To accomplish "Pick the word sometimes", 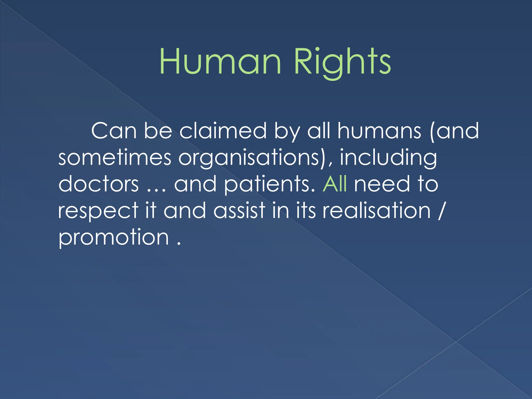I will [x=115, y=158].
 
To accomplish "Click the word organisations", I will [x=251, y=158].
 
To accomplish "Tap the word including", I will [x=388, y=158].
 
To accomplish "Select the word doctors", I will [x=98, y=184].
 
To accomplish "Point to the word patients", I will [x=269, y=184].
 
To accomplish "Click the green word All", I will [x=335, y=184].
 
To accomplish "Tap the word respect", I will [x=98, y=211].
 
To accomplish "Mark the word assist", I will [x=240, y=210].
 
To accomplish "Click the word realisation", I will [x=377, y=210].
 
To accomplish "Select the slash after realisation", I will [x=440, y=211].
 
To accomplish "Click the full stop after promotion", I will [x=178, y=244].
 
